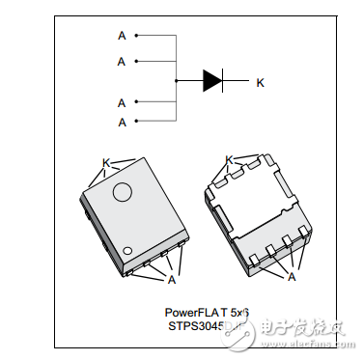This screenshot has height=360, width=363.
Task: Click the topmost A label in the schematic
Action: pyautogui.click(x=122, y=35)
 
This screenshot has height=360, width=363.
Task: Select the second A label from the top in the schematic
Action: pyautogui.click(x=122, y=61)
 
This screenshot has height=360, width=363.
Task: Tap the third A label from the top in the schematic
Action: pyautogui.click(x=122, y=102)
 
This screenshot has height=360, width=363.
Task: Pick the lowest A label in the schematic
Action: pyautogui.click(x=122, y=122)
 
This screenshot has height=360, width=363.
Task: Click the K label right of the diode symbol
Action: pyautogui.click(x=260, y=82)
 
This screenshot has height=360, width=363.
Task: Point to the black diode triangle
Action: pyautogui.click(x=212, y=81)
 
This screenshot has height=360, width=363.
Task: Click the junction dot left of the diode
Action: pyautogui.click(x=177, y=81)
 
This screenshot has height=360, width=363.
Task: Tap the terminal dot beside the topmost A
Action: pyautogui.click(x=136, y=36)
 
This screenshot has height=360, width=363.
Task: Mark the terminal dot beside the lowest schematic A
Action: pyautogui.click(x=136, y=122)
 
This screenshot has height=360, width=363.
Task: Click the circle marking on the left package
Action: pyautogui.click(x=123, y=192)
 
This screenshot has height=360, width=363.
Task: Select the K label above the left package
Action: pyautogui.click(x=105, y=163)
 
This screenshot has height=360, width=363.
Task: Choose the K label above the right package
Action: pyautogui.click(x=229, y=160)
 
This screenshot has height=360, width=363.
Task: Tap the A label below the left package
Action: pyautogui.click(x=171, y=280)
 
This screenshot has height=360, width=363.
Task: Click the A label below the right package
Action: pyautogui.click(x=292, y=277)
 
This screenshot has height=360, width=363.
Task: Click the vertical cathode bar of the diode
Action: pyautogui.click(x=224, y=81)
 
